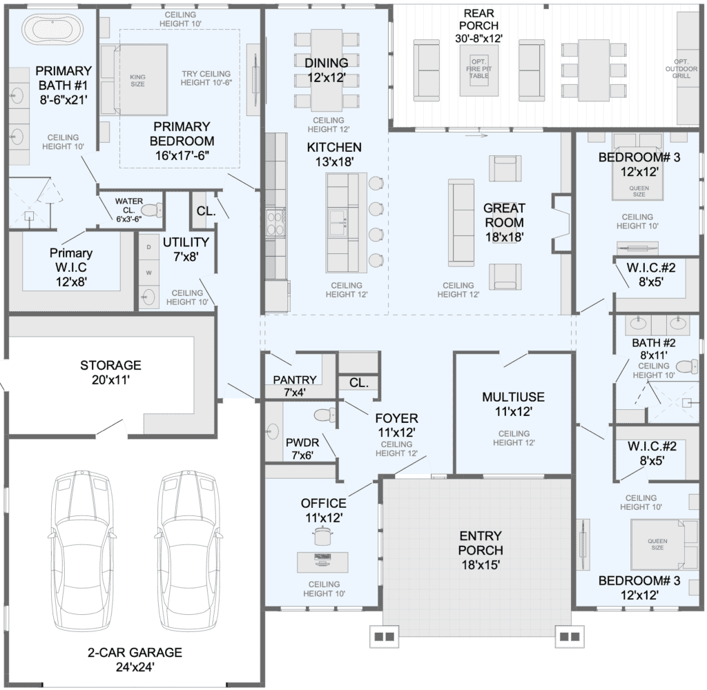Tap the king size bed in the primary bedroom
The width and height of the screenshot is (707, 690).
tap(142, 79)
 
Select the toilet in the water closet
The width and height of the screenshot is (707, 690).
tap(151, 210)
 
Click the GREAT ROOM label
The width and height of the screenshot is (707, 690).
tap(504, 223)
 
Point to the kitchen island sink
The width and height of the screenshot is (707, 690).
tap(338, 223)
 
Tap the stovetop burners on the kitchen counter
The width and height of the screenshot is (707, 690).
tap(275, 224)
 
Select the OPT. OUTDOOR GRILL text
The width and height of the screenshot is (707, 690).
tap(681, 68)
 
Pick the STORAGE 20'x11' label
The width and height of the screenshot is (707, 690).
tap(111, 373)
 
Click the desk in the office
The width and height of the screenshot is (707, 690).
tap(322, 562)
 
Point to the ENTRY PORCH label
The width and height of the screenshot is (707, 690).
tap(481, 551)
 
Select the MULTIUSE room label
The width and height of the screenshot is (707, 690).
tap(513, 404)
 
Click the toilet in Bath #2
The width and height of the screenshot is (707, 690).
tap(687, 366)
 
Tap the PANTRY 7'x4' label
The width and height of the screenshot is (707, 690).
tap(295, 386)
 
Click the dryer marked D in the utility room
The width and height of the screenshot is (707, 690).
tap(149, 248)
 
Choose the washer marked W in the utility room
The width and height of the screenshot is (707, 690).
tap(149, 273)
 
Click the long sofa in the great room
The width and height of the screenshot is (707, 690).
tap(461, 223)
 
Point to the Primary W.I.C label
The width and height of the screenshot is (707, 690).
tap(71, 267)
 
